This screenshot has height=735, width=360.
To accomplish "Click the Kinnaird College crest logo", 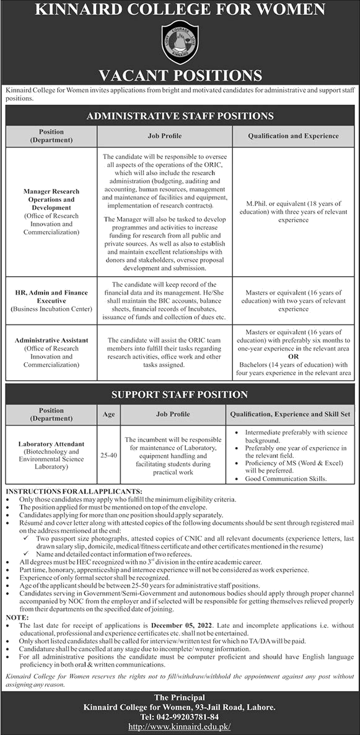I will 180,42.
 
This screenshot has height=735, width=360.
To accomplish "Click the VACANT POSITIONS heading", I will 180,75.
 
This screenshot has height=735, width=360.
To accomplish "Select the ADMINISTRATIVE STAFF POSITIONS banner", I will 180,116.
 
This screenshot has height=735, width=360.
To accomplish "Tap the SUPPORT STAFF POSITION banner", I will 180,394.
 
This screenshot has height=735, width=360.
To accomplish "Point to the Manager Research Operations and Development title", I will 51,200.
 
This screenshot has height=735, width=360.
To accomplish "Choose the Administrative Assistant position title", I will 51,341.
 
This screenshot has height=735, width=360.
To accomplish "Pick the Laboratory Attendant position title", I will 51,445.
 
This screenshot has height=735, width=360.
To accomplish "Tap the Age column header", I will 108,414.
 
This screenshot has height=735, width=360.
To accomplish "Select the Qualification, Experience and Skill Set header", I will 291,414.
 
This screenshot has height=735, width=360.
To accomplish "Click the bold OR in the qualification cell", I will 294,357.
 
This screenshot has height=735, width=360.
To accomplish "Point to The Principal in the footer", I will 180,697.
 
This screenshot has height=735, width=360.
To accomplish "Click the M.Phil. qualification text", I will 293,204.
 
